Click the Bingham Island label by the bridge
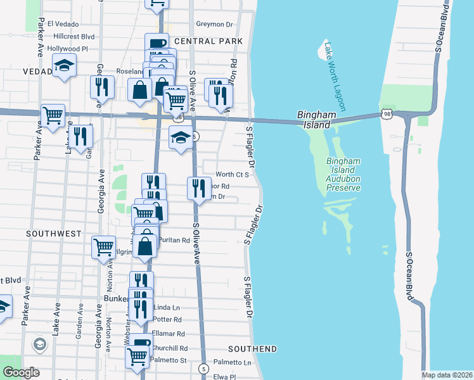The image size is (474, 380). pos(314,120)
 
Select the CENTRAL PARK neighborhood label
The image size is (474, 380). pos(208,41)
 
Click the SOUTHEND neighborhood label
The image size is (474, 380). pos(253,349)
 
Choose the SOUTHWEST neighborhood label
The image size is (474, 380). pos(54,234)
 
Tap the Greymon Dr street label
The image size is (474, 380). pos(215,25)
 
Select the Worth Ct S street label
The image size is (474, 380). pos(232,174)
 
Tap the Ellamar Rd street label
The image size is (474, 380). pos(168,334)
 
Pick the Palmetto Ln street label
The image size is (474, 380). pos(232,362)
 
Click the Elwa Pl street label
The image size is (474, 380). pos(224,376)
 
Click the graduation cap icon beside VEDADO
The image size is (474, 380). pos(64,66)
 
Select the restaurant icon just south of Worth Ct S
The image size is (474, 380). pos(199,188)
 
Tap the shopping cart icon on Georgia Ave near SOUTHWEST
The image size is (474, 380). pos(104,247)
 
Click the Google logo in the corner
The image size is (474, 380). pos(21,372)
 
